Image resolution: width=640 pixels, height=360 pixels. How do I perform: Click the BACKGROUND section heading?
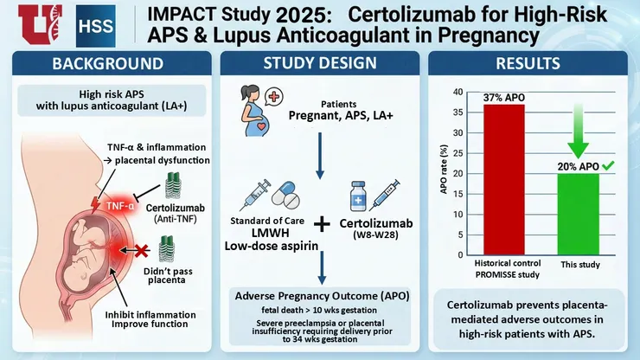pyautogui.click(x=108, y=64)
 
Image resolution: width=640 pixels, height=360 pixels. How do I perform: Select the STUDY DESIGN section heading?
pyautogui.click(x=320, y=64)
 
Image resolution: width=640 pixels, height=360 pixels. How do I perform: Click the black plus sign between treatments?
pyautogui.click(x=323, y=224)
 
